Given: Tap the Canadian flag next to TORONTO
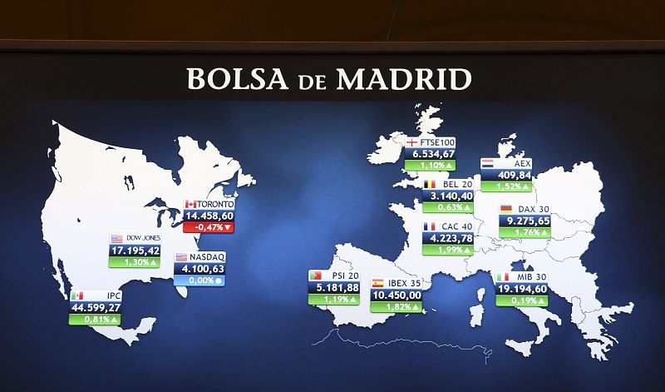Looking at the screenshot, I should (190, 204).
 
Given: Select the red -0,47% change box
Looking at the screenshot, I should (208, 227).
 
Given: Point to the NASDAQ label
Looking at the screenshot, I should (207, 257).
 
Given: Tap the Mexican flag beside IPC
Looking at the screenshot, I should (77, 295).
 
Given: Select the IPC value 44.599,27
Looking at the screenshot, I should (96, 307).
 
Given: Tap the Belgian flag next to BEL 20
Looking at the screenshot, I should (430, 184).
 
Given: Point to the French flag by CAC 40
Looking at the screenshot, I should (430, 226).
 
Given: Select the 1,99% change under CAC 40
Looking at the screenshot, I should (448, 250).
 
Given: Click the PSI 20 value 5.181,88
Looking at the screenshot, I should (333, 287).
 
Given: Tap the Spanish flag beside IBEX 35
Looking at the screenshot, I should (378, 284).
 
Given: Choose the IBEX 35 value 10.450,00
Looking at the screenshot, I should (397, 295).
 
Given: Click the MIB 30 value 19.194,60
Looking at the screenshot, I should (521, 289).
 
